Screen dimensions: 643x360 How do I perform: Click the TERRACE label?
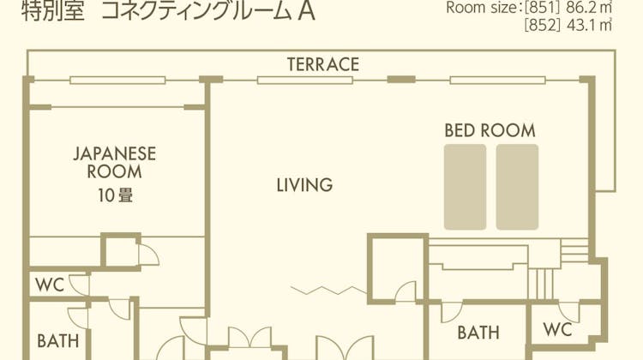point(323,64)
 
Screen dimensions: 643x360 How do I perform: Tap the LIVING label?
point(304,185)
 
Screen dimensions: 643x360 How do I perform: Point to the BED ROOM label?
point(490,130)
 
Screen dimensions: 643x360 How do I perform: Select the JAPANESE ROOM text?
point(115,162)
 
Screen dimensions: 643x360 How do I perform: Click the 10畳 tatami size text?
point(115,195)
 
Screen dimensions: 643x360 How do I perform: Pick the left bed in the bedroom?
point(465,187)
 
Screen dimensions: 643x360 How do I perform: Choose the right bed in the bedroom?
point(517,187)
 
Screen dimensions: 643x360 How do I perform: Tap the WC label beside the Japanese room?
point(50,285)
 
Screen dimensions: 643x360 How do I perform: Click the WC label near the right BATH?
point(558,330)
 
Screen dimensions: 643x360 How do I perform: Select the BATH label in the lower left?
point(57,341)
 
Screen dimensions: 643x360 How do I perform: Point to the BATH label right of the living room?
point(478,333)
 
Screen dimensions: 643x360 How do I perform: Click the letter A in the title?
point(306,10)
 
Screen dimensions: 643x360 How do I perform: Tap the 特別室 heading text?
point(53,11)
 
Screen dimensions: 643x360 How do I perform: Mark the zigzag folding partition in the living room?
point(328,291)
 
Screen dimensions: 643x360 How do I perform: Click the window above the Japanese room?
point(117,81)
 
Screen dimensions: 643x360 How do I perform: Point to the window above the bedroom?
point(497,81)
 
